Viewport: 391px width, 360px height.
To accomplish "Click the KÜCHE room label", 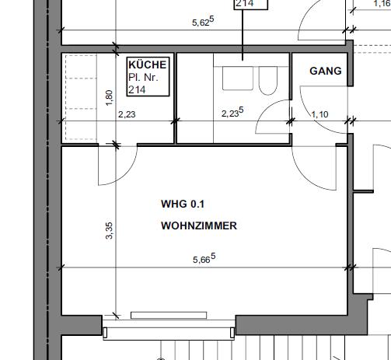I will [x=148, y=66].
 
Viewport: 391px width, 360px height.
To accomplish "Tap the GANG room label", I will [x=325, y=71].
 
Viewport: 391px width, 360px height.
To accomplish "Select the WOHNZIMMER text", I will [x=198, y=226].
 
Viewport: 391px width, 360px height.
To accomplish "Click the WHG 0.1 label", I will [x=183, y=204].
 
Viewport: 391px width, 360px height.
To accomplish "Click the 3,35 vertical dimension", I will [x=110, y=231].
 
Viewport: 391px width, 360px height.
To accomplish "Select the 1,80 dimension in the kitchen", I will [x=110, y=99].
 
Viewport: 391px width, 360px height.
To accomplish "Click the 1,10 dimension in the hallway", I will [x=319, y=114].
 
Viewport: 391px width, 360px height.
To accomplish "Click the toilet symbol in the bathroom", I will [x=267, y=80].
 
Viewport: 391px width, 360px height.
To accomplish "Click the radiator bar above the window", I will [x=169, y=315].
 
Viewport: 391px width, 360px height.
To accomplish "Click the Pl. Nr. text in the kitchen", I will [x=144, y=79].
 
